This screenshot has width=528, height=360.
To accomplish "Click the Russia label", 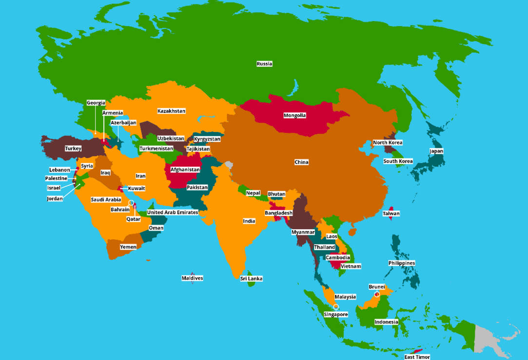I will click(x=264, y=64).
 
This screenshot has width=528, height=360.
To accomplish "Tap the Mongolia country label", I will click(x=294, y=116).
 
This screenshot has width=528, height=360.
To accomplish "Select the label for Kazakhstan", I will click(x=171, y=111).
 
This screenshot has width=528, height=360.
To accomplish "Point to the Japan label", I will click(x=436, y=151).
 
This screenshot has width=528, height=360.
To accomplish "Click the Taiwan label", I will click(x=391, y=214).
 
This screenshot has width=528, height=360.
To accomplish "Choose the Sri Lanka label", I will click(x=251, y=279).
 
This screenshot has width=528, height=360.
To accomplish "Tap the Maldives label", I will click(x=192, y=278).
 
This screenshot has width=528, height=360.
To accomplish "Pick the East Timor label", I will click(x=417, y=357).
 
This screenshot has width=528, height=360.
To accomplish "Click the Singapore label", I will click(x=336, y=315).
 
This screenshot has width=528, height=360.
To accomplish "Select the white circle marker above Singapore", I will click(x=336, y=307).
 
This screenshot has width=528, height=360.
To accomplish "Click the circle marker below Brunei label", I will click(x=376, y=294).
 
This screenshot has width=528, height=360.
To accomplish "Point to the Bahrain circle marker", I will click(x=131, y=203).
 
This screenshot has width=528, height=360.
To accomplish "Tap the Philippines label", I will click(x=402, y=263).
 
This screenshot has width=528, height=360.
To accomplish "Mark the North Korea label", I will click(x=388, y=143).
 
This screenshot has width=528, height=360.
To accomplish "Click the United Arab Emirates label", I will click(x=173, y=213).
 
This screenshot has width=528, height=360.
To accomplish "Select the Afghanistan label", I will click(x=185, y=170).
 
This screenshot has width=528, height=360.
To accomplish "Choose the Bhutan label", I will click(x=276, y=194).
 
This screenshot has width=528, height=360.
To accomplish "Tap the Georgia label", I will click(x=96, y=103).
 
